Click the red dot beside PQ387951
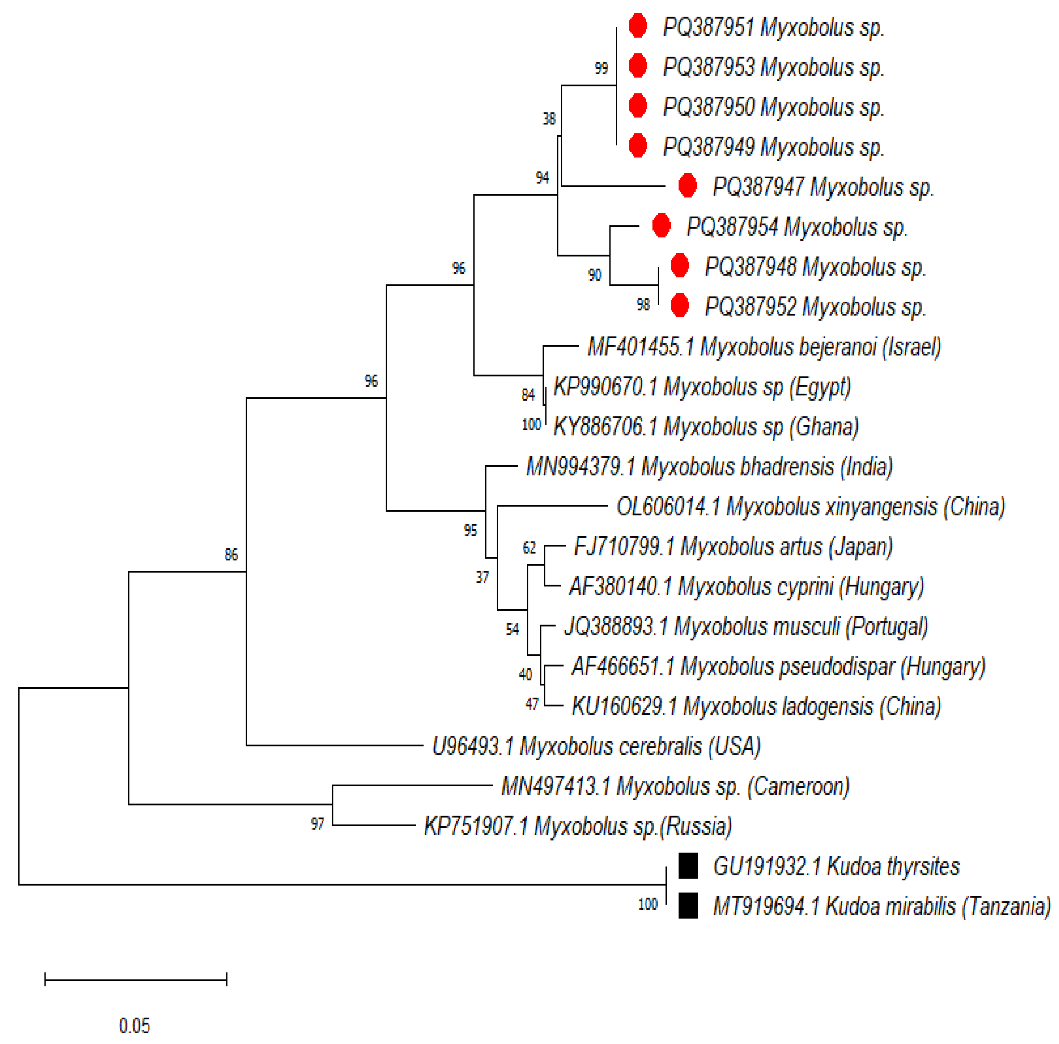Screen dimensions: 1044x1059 pyautogui.click(x=637, y=26)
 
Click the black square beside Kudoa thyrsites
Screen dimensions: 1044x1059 pyautogui.click(x=689, y=866)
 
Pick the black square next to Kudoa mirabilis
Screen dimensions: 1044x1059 pyautogui.click(x=689, y=906)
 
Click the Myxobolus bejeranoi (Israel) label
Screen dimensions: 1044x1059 pyautogui.click(x=764, y=347)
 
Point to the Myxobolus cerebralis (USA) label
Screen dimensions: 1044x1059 pyautogui.click(x=597, y=746)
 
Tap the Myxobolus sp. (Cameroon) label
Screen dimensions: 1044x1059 pyautogui.click(x=675, y=786)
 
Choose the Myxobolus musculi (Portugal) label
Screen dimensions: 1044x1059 pyautogui.click(x=745, y=626)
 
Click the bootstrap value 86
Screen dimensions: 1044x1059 pyautogui.click(x=231, y=555)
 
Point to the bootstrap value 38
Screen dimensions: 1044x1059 pyautogui.click(x=549, y=119)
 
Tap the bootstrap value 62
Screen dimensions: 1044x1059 pyautogui.click(x=529, y=548)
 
